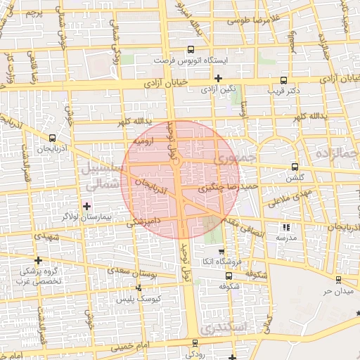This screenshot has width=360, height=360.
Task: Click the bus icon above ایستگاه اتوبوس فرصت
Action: pyautogui.click(x=191, y=50)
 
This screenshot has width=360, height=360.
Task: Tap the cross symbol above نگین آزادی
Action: pyautogui.click(x=219, y=78)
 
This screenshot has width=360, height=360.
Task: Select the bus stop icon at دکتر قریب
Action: pyautogui.click(x=283, y=80)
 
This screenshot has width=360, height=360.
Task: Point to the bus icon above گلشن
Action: pyautogui.click(x=294, y=167)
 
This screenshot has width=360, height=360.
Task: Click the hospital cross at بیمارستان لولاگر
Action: pyautogui.click(x=87, y=206)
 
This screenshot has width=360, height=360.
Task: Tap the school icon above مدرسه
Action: pyautogui.click(x=285, y=227)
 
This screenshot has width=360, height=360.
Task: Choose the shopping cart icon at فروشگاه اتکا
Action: pyautogui.click(x=221, y=252)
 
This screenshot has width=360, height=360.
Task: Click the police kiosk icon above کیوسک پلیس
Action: pyautogui.click(x=139, y=288)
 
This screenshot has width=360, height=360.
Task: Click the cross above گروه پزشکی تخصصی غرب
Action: pyautogui.click(x=38, y=261)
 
